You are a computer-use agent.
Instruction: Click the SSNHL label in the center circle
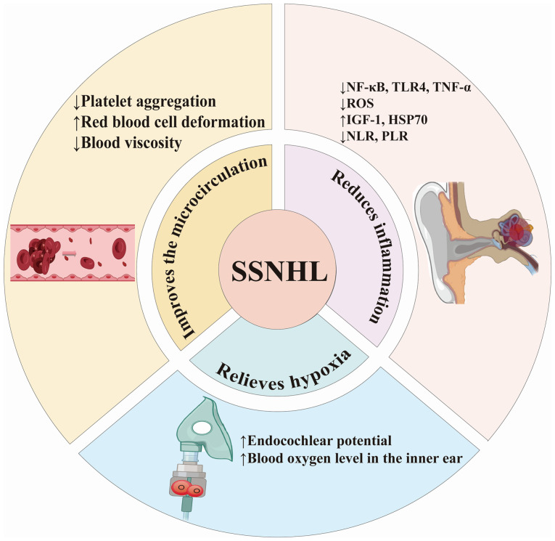pyautogui.click(x=279, y=272)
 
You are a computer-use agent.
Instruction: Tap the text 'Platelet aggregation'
pyautogui.click(x=149, y=102)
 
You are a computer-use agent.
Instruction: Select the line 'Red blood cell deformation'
pyautogui.click(x=173, y=122)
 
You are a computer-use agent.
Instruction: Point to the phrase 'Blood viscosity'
pyautogui.click(x=131, y=143)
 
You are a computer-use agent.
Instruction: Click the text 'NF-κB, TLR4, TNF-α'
pyautogui.click(x=409, y=87)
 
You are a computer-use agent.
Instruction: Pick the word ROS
pyautogui.click(x=361, y=103)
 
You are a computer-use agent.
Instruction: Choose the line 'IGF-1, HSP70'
pyautogui.click(x=387, y=120)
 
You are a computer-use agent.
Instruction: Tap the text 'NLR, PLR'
pyautogui.click(x=377, y=136)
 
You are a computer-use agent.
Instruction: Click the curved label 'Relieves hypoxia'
pyautogui.click(x=284, y=371)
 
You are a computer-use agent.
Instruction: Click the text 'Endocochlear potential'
pyautogui.click(x=320, y=441)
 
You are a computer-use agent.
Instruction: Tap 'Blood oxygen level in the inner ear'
pyautogui.click(x=355, y=458)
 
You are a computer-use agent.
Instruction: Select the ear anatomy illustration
pyautogui.click(x=477, y=243)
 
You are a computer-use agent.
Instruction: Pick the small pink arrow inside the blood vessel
pyautogui.click(x=70, y=253)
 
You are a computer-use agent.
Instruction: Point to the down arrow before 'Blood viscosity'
pyautogui.click(x=77, y=143)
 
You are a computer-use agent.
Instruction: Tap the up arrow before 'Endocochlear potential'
pyautogui.click(x=243, y=441)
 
